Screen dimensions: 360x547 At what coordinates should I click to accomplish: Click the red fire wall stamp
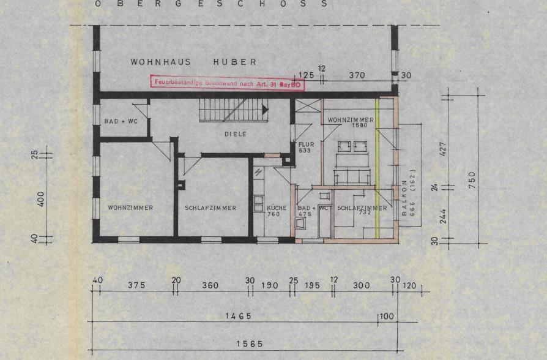[226, 83]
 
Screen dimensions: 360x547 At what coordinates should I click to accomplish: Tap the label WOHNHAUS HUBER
[193, 62]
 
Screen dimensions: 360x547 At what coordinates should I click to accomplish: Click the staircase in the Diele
[233, 111]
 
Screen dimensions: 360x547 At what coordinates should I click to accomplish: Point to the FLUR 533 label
[306, 147]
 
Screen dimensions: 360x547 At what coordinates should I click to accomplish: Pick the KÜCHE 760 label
[277, 211]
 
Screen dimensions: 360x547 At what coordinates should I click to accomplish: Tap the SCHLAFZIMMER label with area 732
[362, 210]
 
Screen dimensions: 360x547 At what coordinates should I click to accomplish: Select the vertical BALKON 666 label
[408, 197]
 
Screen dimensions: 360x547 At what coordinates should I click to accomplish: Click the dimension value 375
[136, 285]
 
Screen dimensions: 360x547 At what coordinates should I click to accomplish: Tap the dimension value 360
[210, 285]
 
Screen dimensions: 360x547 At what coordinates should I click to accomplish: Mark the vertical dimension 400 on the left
[41, 198]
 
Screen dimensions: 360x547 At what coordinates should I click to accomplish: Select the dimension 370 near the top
[357, 75]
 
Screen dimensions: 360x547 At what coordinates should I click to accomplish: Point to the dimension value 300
[362, 285]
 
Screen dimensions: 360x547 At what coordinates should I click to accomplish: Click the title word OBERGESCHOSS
[210, 4]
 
